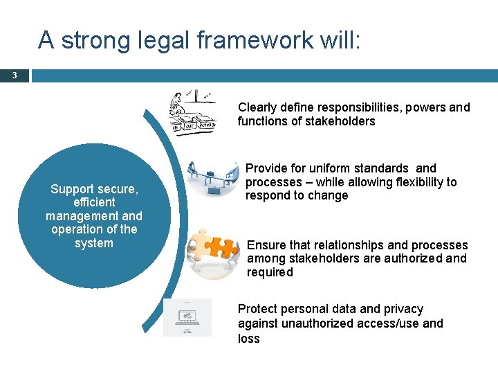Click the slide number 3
click(15, 75)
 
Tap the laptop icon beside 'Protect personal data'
click(187, 318)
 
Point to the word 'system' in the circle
click(94, 243)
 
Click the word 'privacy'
click(400, 309)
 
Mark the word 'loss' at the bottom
click(249, 339)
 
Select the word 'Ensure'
click(266, 245)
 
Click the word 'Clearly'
click(259, 107)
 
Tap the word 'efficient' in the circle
click(94, 202)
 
